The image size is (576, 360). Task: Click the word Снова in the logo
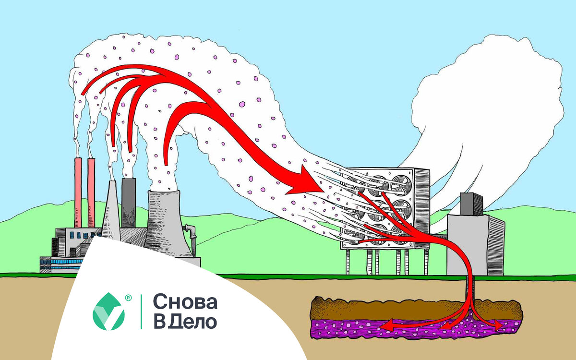pos(185,302)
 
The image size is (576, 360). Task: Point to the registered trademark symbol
pos(128,298)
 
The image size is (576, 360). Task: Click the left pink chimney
pos(78,192)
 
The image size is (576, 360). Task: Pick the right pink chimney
pos(91,192)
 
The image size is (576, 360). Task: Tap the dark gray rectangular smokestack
pos(129,202)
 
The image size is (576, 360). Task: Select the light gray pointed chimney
pos(111,211)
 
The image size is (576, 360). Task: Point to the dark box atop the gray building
pos(471,204)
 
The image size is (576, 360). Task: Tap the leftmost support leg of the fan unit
pos(349,262)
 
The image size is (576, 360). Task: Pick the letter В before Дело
pos(159,322)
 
